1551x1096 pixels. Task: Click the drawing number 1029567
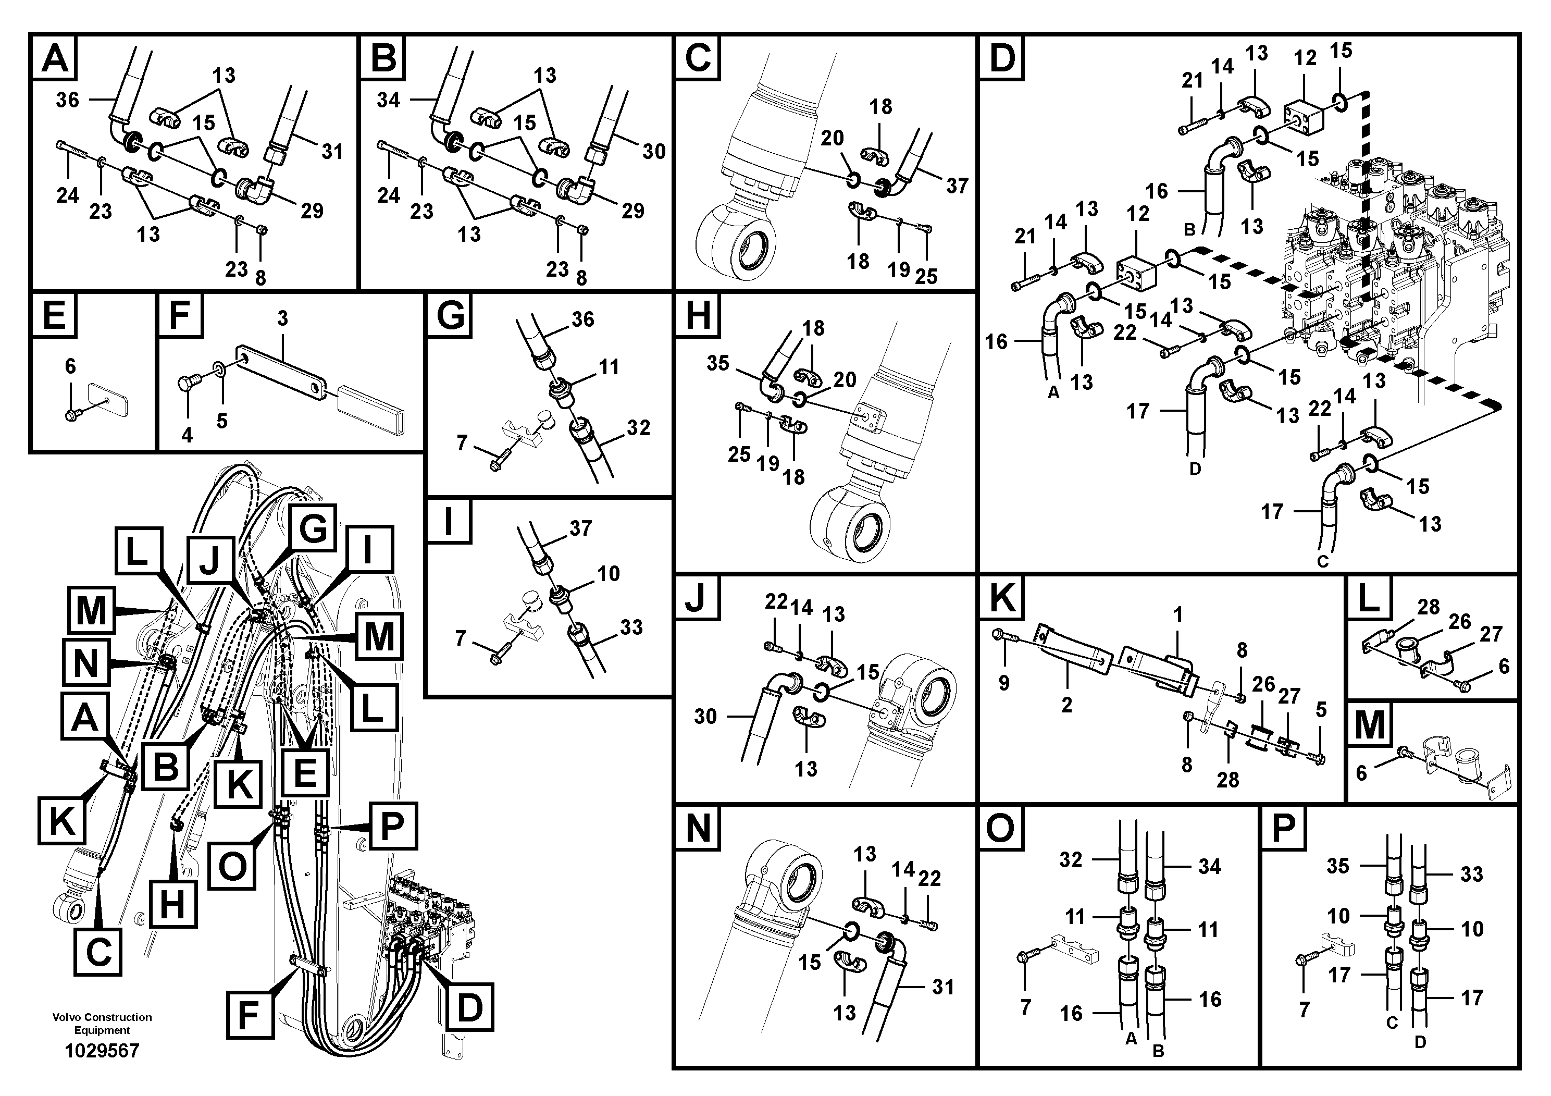tap(102, 1051)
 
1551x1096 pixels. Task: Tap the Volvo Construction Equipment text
tap(102, 1023)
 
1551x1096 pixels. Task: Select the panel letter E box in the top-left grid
tap(54, 315)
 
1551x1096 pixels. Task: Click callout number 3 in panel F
tap(282, 317)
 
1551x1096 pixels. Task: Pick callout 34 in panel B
tap(389, 100)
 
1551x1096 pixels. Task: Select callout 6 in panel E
tap(70, 366)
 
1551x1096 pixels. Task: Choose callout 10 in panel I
tap(608, 574)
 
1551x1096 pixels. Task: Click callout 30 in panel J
tap(705, 716)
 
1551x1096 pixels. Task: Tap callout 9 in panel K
tap(1004, 683)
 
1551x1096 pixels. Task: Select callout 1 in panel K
tap(1178, 614)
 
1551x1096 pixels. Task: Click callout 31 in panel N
tap(943, 987)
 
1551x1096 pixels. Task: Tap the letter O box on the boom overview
tap(232, 866)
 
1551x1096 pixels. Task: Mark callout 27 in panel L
tap(1491, 634)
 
